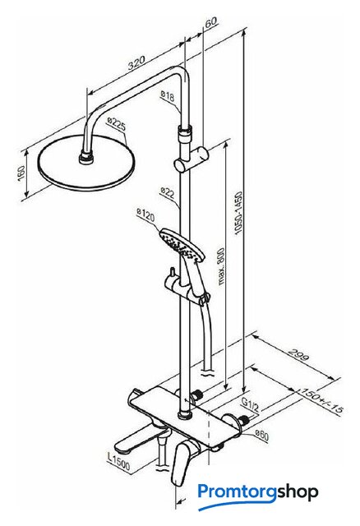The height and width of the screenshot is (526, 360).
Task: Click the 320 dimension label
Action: (137, 62)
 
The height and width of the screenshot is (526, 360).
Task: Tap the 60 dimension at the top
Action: (211, 22)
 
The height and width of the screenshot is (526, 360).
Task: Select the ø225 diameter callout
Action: (117, 124)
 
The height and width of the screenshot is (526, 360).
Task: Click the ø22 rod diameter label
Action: (168, 192)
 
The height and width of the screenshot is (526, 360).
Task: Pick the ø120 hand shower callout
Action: (146, 215)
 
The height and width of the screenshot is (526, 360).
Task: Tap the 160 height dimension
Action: (21, 173)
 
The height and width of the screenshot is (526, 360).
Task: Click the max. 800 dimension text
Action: (220, 266)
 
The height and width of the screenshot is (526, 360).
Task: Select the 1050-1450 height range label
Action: (238, 213)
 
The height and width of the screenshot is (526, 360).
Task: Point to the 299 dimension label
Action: (298, 355)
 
